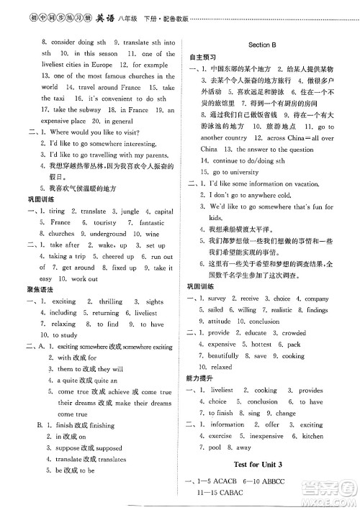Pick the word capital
(163, 211)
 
